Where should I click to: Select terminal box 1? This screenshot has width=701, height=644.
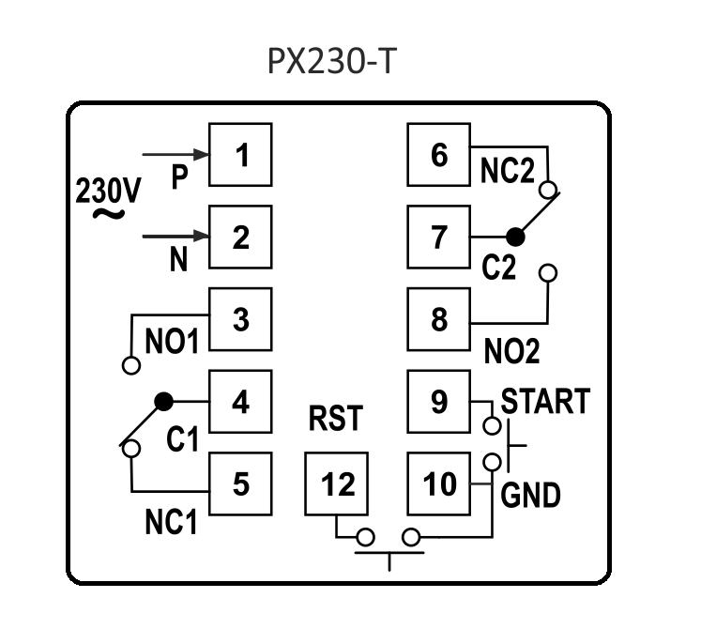pos(240,154)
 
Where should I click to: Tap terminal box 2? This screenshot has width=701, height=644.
pos(240,237)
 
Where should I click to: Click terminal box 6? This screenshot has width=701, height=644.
pos(438,154)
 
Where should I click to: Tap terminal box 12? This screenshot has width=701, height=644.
pos(338,484)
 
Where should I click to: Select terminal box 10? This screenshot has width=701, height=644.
pos(438,484)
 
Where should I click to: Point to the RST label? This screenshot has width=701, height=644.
pos(335,419)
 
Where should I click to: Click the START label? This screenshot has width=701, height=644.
pos(545,401)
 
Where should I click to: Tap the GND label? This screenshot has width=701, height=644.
pos(530,494)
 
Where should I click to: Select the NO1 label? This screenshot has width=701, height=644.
pos(173,341)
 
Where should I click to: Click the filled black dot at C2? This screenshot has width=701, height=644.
pos(514,237)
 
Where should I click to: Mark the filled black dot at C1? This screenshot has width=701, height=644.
pos(164,401)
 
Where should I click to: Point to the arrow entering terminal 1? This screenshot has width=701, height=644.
pos(174,154)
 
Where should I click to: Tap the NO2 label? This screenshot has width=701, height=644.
pos(512,352)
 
